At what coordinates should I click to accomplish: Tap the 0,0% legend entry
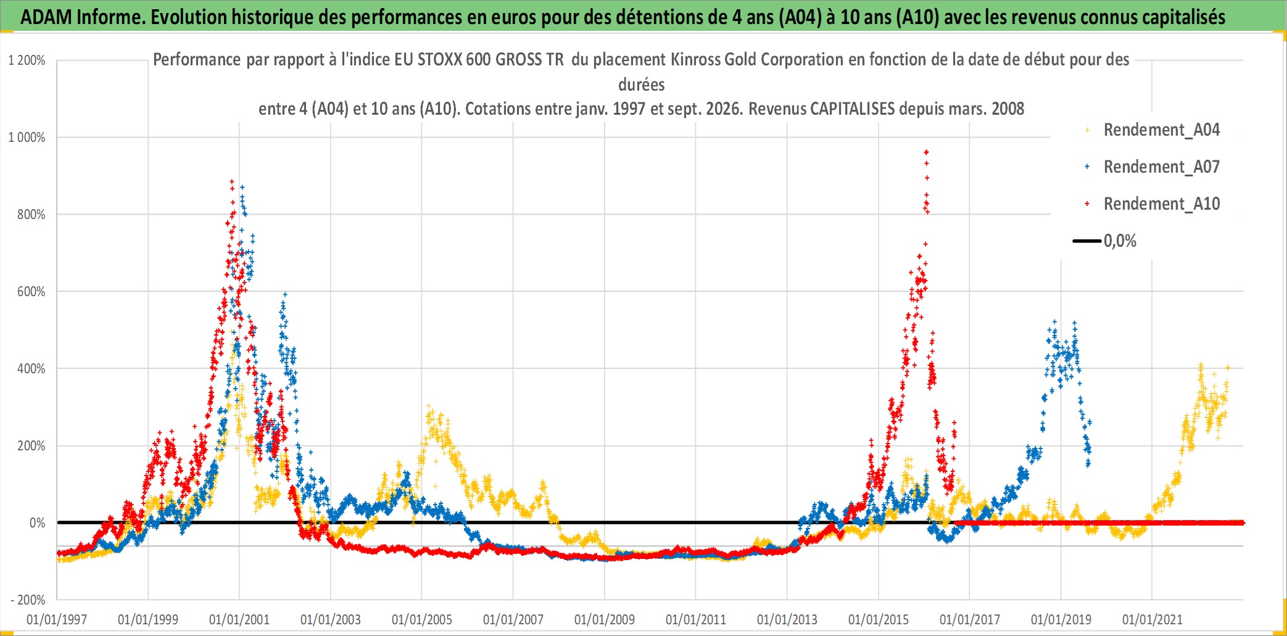[1105, 241]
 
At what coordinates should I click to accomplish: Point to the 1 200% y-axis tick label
[27, 60]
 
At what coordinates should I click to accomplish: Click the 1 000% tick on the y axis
[27, 138]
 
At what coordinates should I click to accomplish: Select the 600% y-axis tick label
[31, 292]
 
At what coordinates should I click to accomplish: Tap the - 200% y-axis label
[28, 600]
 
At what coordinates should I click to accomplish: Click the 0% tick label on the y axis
[38, 523]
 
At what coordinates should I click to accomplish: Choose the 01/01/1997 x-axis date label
[57, 619]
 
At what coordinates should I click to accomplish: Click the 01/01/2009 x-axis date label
[605, 619]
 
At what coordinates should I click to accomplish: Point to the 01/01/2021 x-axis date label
[1153, 619]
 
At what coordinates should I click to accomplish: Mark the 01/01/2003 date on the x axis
[331, 619]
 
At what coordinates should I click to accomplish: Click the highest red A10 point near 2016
[926, 152]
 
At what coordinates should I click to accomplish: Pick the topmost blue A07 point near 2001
[242, 186]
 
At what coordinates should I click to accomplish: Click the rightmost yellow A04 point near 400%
[1228, 368]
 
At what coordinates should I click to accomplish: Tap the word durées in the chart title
[642, 85]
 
